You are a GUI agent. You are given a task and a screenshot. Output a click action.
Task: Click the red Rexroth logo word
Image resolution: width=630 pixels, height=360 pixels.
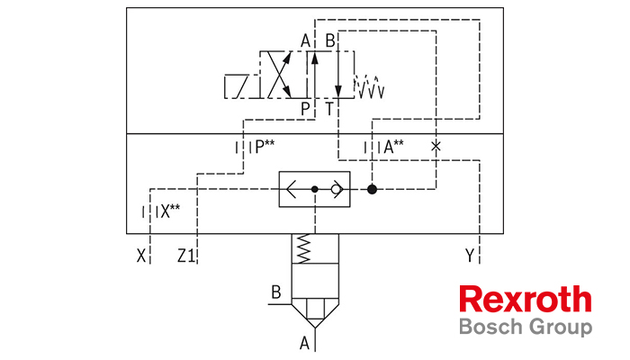[x=526, y=300]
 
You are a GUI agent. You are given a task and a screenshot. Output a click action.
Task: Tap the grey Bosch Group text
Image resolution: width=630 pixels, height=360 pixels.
[x=526, y=327]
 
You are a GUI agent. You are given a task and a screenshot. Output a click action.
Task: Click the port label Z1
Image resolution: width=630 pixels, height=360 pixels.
[x=186, y=256]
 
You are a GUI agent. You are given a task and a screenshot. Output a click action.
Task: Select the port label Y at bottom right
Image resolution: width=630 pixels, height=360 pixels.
[x=470, y=256]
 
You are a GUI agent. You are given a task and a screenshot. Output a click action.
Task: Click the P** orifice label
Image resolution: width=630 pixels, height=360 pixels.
[x=265, y=147]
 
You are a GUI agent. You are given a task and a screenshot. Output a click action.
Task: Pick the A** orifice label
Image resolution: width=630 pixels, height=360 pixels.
[x=393, y=147]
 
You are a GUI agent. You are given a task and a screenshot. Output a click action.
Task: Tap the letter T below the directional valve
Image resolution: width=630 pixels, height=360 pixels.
[x=329, y=109]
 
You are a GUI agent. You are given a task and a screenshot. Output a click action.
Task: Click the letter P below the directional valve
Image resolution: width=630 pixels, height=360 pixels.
[x=305, y=109]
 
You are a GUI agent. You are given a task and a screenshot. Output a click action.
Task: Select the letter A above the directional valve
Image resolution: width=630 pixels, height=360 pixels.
[x=305, y=41]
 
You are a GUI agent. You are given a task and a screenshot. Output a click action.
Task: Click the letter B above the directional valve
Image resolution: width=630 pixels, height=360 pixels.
[x=330, y=41]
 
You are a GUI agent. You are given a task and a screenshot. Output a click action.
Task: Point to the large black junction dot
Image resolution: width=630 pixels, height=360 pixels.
[x=372, y=189]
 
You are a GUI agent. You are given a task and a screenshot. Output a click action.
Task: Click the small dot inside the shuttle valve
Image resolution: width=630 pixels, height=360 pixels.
[x=315, y=189]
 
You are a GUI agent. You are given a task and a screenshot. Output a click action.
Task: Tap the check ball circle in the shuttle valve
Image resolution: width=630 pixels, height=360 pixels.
[x=336, y=189]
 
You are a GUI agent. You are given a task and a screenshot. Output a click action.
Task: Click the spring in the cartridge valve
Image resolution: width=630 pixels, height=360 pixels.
[x=304, y=248]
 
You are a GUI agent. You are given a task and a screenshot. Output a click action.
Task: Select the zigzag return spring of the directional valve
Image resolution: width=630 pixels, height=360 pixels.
[x=369, y=86]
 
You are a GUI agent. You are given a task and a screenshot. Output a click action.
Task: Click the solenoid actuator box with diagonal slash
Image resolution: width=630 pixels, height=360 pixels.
[x=242, y=86]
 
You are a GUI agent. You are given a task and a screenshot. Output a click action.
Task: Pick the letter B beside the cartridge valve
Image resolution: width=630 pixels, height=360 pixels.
[x=276, y=292]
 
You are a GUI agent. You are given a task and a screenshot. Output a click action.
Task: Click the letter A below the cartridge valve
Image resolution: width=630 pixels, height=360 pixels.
[x=304, y=344]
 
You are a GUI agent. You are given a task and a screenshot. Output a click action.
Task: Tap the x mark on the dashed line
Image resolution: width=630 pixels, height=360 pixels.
[x=436, y=146]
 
